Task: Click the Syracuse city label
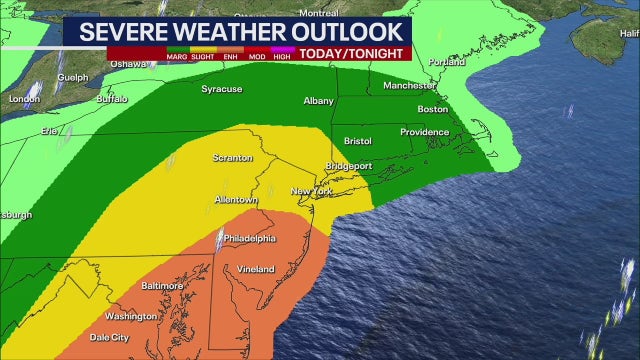pyautogui.click(x=221, y=89)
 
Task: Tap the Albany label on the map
pyautogui.click(x=318, y=101)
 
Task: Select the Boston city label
pyautogui.click(x=432, y=109)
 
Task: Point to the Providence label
pyautogui.click(x=426, y=132)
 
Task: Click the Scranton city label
pyautogui.click(x=232, y=158)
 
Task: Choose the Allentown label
pyautogui.click(x=236, y=200)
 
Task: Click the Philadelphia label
pyautogui.click(x=249, y=238)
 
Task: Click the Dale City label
pyautogui.click(x=108, y=338)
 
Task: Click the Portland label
pyautogui.click(x=446, y=61)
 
